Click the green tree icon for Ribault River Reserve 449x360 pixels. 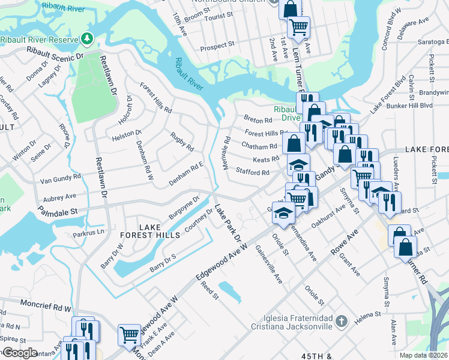[88, 39]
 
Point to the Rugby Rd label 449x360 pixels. [182, 142]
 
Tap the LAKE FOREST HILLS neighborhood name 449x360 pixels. [160, 231]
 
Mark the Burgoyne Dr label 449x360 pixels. [183, 207]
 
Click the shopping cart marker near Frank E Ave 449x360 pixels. [129, 334]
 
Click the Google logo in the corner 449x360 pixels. [20, 353]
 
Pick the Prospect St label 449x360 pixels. [217, 46]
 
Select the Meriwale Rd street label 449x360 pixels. [227, 152]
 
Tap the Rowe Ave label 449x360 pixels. [346, 242]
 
